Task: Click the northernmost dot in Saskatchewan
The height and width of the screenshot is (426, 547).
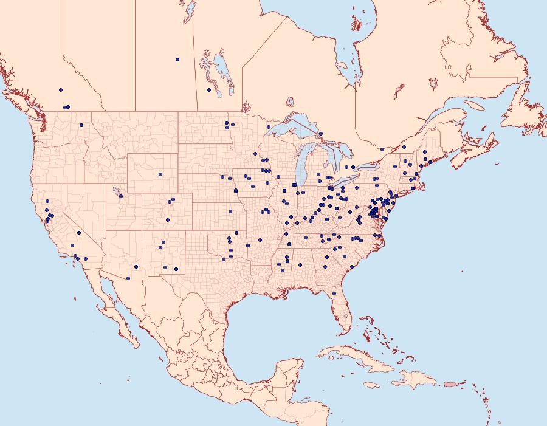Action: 177,60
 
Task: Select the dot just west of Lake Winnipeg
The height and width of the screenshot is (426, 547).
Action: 209,90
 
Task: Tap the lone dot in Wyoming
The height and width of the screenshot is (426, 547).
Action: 160,174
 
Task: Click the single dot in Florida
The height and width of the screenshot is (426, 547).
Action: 334,294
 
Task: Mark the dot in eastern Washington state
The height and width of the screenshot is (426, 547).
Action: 81,125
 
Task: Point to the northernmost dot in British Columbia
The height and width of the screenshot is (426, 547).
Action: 61,90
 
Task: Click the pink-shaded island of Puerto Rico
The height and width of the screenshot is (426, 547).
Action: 449,383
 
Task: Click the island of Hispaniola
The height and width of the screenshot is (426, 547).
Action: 416,380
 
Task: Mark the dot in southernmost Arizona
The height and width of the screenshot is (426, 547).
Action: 128,278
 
